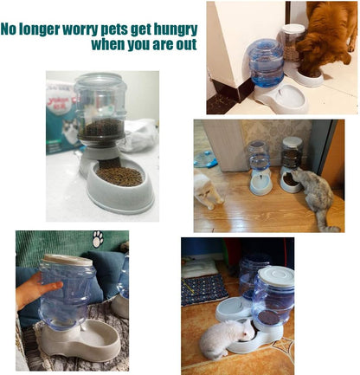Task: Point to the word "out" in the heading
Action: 184,44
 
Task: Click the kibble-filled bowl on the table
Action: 119,178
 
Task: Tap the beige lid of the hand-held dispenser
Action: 67,259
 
